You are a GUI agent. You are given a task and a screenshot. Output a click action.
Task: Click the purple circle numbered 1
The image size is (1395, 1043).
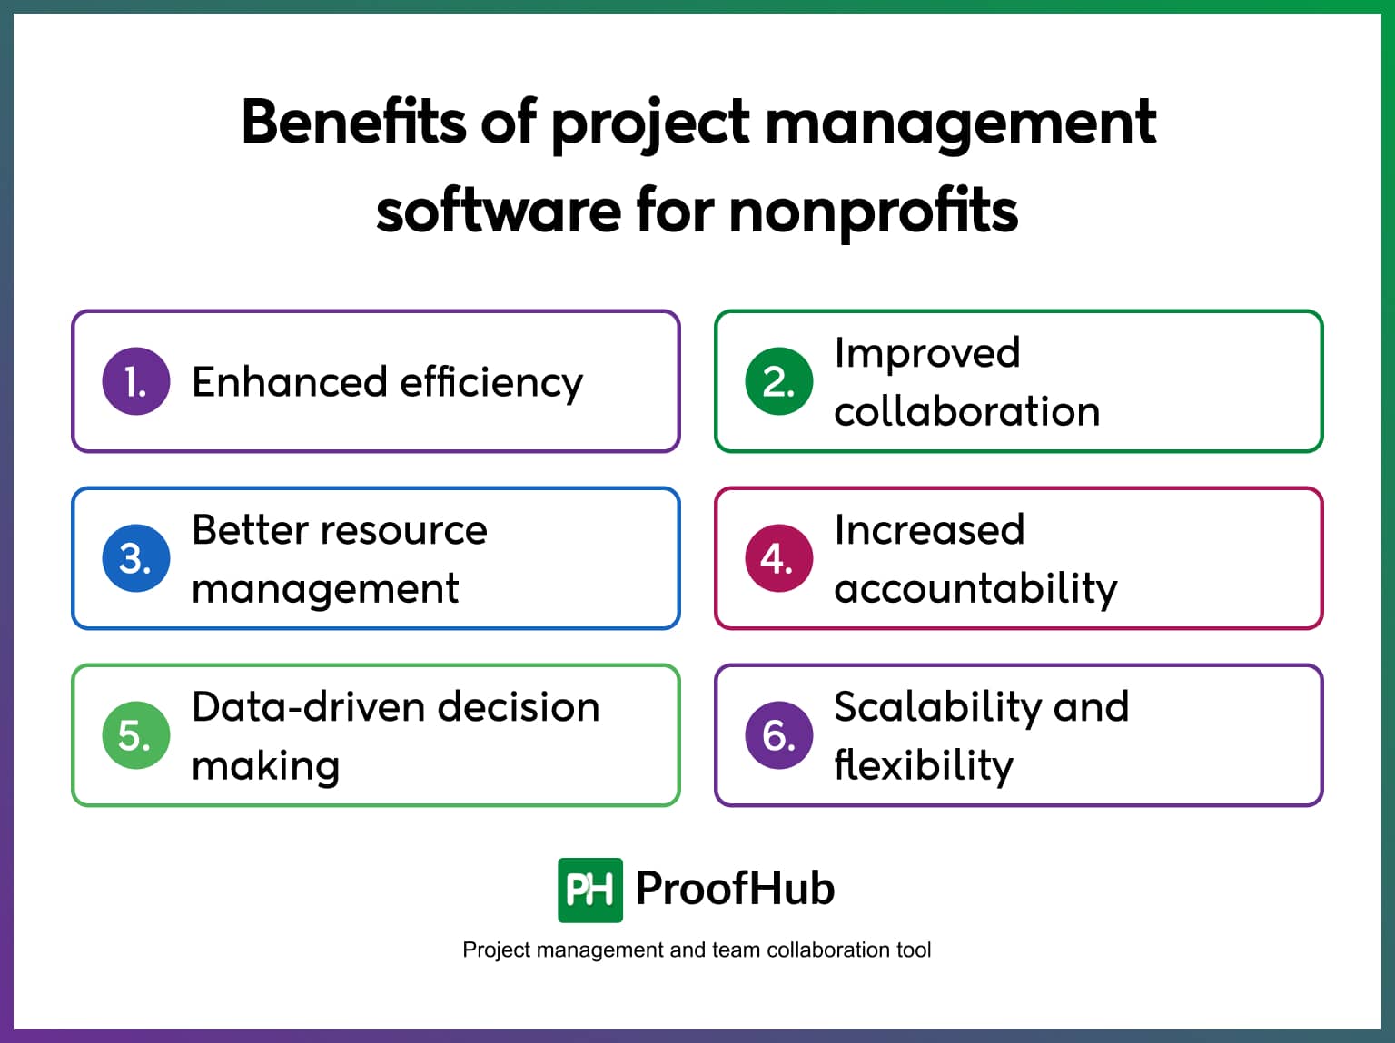point(136,381)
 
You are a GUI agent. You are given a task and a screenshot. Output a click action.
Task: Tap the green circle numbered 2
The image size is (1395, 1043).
point(778,381)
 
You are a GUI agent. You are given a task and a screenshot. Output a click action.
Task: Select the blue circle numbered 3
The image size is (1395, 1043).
point(136,558)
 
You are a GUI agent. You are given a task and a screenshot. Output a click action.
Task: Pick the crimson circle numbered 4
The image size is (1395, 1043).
point(778,558)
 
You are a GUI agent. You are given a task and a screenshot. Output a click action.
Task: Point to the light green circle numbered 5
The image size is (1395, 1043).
point(136,735)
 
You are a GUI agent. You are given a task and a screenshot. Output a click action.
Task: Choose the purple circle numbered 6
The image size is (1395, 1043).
point(778,735)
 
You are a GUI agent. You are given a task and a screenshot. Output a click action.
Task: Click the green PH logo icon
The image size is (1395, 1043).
point(590,890)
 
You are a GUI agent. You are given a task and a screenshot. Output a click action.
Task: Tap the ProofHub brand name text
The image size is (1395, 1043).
point(735,889)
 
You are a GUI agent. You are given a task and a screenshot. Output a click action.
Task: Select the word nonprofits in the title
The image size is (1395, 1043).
point(874,211)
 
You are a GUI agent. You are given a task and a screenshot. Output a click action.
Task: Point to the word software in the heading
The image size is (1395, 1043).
point(499,211)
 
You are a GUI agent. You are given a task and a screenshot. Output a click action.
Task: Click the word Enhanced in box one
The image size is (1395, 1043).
point(290,381)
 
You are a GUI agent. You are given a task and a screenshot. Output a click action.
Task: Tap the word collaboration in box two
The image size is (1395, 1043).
point(967,411)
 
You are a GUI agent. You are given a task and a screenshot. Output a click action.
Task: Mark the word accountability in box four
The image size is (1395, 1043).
point(975,589)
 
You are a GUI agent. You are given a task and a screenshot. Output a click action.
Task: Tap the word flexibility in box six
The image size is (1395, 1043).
point(924,765)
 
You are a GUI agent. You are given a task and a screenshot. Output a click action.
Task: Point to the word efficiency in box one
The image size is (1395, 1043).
point(491,381)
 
